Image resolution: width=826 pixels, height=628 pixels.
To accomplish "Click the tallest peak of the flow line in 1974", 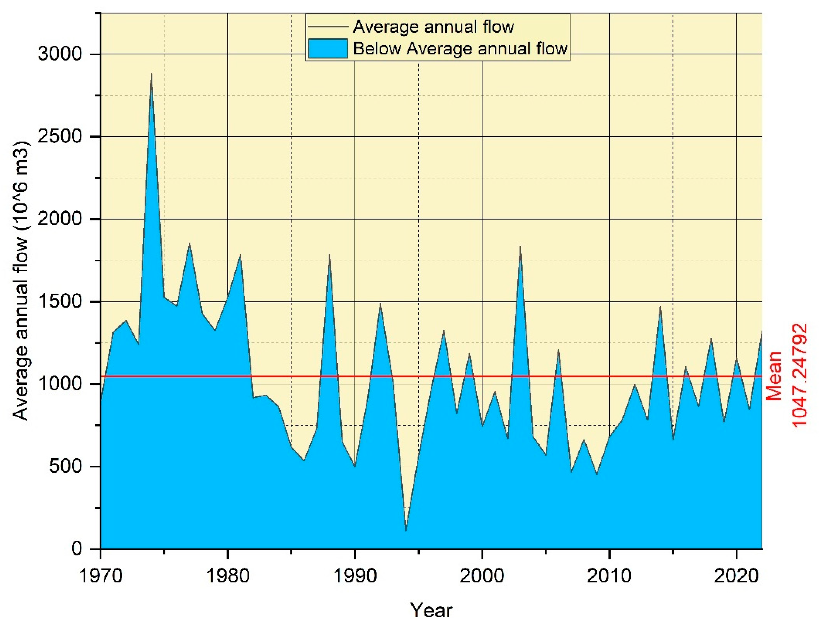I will click(x=151, y=74).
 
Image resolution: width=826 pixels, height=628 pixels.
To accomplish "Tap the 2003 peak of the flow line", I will click(x=520, y=246).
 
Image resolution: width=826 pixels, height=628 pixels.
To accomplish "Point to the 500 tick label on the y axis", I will click(x=66, y=466).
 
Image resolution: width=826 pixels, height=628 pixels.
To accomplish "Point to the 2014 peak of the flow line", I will click(x=661, y=306).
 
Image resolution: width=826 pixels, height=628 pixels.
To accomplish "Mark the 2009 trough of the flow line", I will click(x=597, y=474).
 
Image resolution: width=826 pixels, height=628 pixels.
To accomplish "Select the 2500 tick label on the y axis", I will click(x=60, y=136).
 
